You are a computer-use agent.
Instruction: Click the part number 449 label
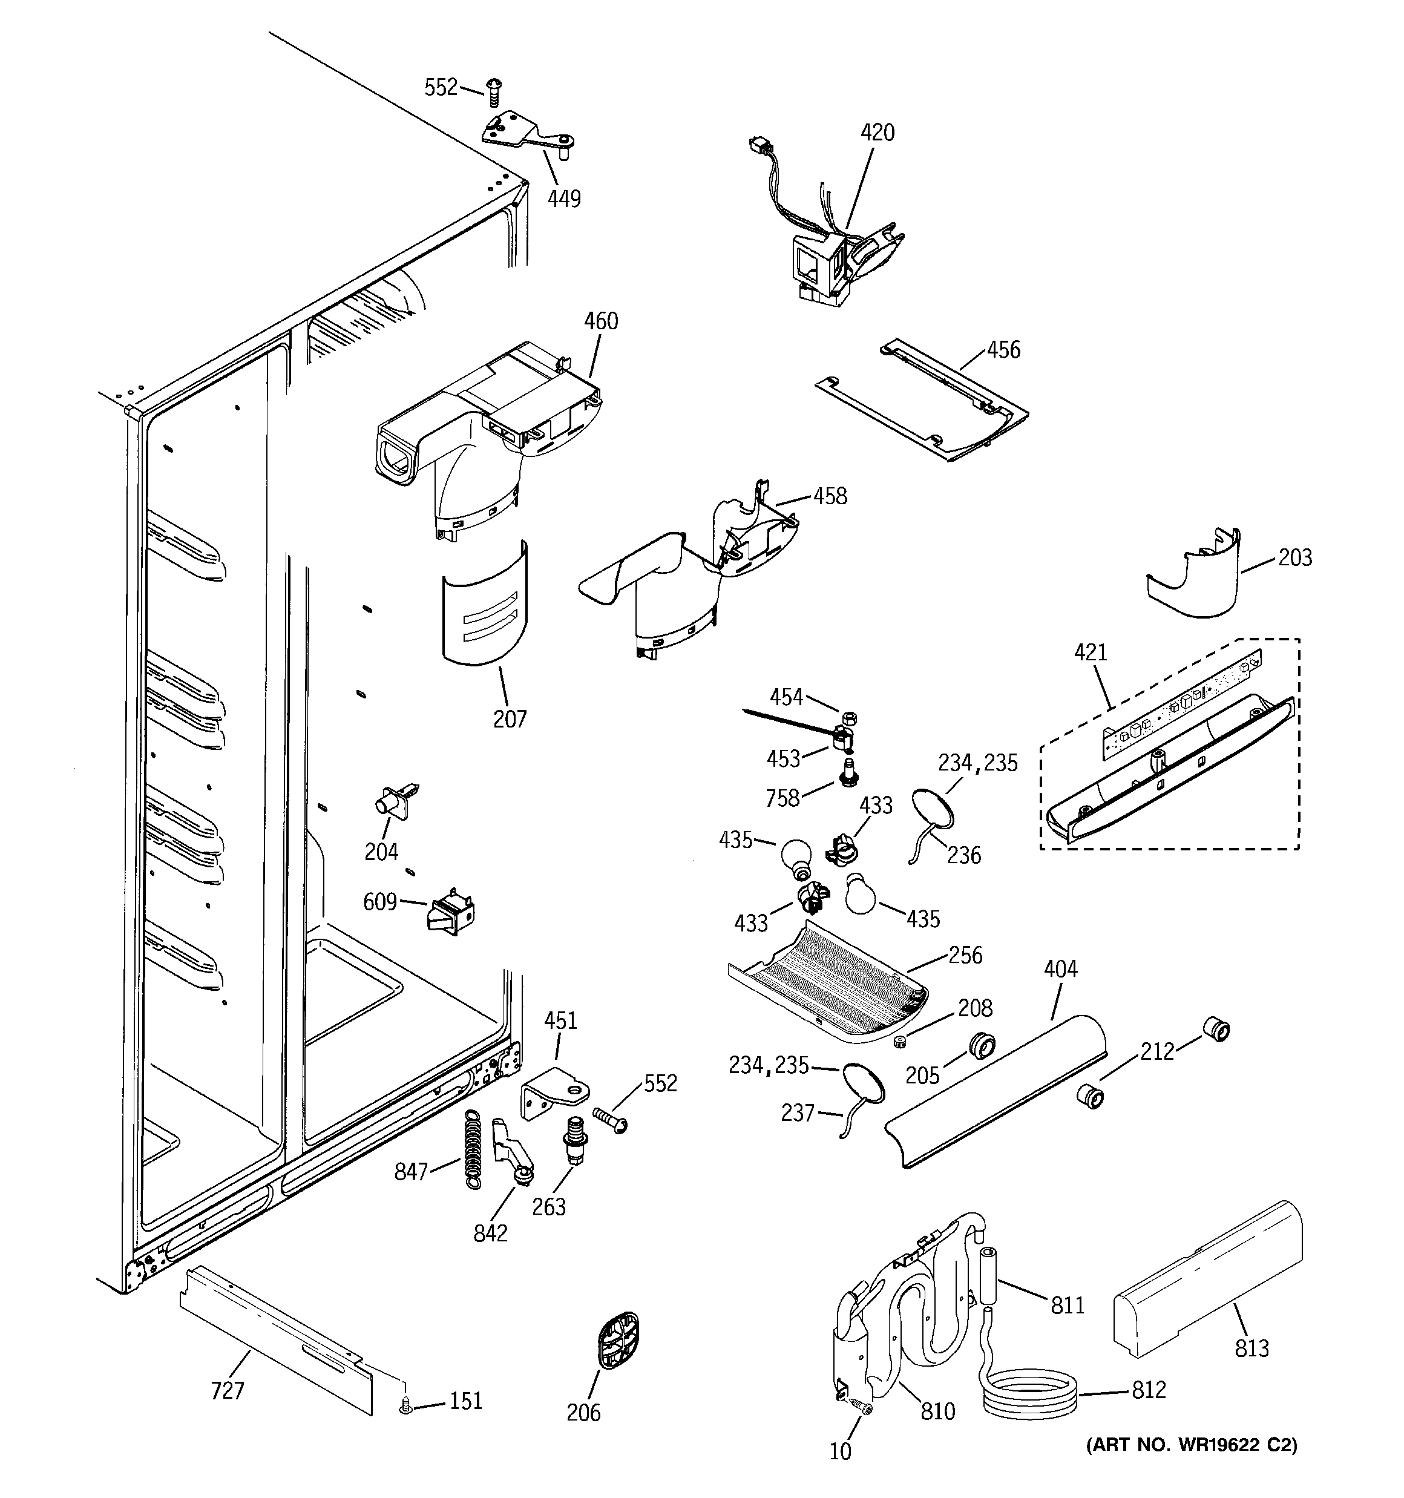[x=563, y=199]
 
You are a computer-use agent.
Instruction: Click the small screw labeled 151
[x=406, y=1403]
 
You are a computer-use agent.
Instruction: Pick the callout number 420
[x=878, y=133]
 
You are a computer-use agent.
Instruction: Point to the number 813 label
[x=1251, y=1348]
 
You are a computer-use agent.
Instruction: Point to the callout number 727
[x=228, y=1390]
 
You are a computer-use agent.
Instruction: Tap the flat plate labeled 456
[x=923, y=399]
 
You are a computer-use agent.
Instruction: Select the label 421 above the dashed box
[x=1091, y=652]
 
